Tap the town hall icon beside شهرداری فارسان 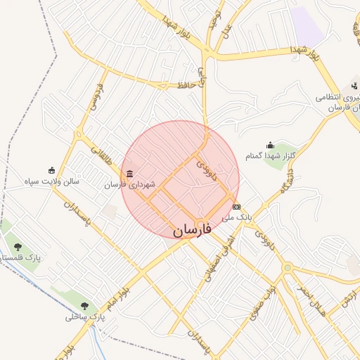[129, 174]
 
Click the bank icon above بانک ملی [236, 207]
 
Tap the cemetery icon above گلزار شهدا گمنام [271, 145]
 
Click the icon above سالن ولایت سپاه [51, 169]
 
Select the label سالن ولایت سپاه [51, 181]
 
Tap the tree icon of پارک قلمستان [18, 247]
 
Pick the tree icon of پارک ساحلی [84, 306]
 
